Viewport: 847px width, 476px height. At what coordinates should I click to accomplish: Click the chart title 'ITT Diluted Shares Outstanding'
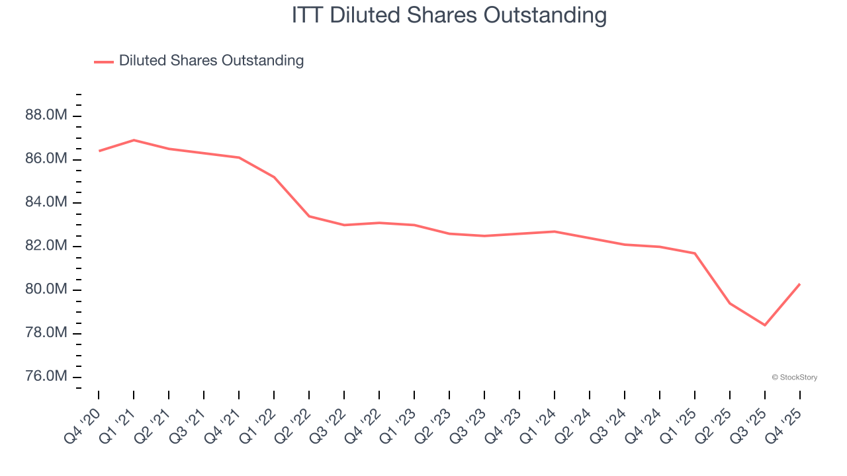(x=449, y=15)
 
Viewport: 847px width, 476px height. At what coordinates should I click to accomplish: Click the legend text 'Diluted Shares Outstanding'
(x=211, y=61)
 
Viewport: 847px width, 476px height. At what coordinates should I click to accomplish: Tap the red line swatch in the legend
(x=104, y=61)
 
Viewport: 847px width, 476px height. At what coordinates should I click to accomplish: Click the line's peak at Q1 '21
(x=134, y=140)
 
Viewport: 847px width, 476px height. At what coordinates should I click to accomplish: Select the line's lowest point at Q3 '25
(x=765, y=325)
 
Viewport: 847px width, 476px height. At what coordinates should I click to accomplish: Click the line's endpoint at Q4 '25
(x=800, y=284)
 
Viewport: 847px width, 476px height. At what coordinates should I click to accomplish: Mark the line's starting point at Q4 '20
(x=99, y=151)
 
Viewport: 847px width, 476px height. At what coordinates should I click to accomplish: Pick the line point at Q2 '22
(x=309, y=216)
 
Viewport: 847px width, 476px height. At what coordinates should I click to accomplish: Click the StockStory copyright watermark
(x=794, y=377)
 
